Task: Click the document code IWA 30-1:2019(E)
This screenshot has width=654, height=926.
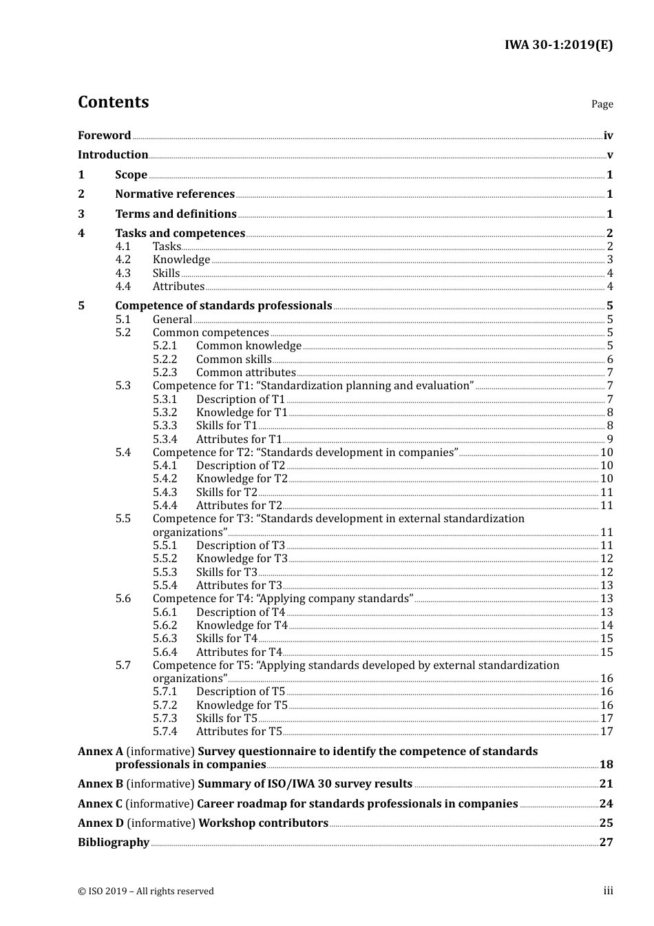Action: [x=558, y=45]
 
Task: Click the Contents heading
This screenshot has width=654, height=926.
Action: [x=113, y=102]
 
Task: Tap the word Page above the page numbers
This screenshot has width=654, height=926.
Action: [x=602, y=104]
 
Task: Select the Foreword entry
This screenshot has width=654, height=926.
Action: [x=104, y=136]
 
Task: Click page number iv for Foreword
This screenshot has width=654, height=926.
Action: [x=608, y=136]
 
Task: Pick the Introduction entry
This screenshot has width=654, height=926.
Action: [x=113, y=155]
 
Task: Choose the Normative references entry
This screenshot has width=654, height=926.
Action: [x=175, y=194]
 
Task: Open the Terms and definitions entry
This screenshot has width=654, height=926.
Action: [x=176, y=214]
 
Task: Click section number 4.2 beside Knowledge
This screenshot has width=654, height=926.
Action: [x=123, y=260]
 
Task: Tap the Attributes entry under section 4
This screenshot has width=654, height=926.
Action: [x=178, y=287]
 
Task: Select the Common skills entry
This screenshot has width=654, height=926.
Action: [x=233, y=360]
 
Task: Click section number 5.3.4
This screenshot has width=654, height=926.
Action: [x=165, y=440]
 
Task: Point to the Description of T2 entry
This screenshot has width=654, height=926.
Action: [x=240, y=466]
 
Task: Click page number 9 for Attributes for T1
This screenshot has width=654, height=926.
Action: [x=610, y=440]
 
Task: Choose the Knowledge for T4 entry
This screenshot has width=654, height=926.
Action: [x=242, y=626]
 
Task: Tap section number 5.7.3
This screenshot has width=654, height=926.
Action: [x=165, y=719]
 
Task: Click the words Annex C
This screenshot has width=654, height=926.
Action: [x=100, y=804]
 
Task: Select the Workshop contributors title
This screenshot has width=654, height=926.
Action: [x=263, y=823]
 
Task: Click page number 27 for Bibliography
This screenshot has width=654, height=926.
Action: [x=606, y=843]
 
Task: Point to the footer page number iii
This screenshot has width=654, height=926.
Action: [x=608, y=891]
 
